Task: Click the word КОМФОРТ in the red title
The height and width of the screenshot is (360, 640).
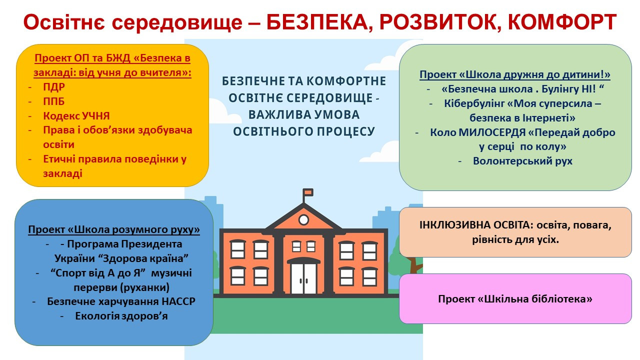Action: pos(562,22)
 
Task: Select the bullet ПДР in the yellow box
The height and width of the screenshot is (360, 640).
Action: pos(54,87)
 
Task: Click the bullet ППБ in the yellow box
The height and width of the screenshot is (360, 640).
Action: pos(53,101)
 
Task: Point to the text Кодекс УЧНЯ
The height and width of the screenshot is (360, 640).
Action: pos(76,115)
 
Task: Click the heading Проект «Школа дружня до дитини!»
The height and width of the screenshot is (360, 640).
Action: pos(515,74)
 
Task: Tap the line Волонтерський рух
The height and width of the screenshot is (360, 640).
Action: pos(523,161)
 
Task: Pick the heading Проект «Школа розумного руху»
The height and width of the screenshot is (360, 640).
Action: pos(114,229)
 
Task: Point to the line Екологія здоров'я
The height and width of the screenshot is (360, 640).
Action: pos(121,316)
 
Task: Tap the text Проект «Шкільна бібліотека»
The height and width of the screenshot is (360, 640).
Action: pos(515,299)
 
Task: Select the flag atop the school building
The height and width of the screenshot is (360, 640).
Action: pos(308,192)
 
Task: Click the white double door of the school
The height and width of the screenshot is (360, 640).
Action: pos(303,278)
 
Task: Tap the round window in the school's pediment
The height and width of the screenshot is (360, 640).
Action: pos(303,219)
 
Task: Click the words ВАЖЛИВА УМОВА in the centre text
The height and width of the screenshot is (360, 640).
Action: pos(303,115)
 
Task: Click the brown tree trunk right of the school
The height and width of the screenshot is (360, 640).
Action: pos(413,265)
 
